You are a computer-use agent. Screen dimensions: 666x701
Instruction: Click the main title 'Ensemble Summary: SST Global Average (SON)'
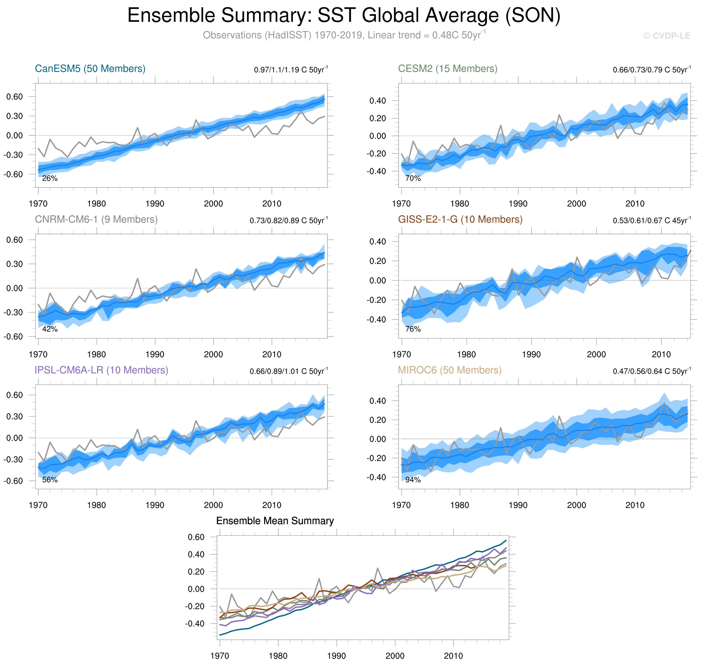coord(344,16)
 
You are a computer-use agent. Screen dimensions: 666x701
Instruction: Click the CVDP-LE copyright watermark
coord(667,36)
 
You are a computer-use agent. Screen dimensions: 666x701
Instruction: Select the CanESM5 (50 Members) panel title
coord(90,68)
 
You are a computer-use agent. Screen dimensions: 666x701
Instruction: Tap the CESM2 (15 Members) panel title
coord(448,68)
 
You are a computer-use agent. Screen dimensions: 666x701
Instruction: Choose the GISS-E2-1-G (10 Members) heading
coord(460,219)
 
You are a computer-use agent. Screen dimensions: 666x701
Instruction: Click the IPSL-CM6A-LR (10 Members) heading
coord(101,370)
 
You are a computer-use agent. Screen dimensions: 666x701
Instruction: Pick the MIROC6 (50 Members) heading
coord(449,370)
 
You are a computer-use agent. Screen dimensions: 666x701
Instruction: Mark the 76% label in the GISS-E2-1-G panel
coord(413,329)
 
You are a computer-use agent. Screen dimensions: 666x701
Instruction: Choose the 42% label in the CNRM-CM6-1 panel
coord(50,329)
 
